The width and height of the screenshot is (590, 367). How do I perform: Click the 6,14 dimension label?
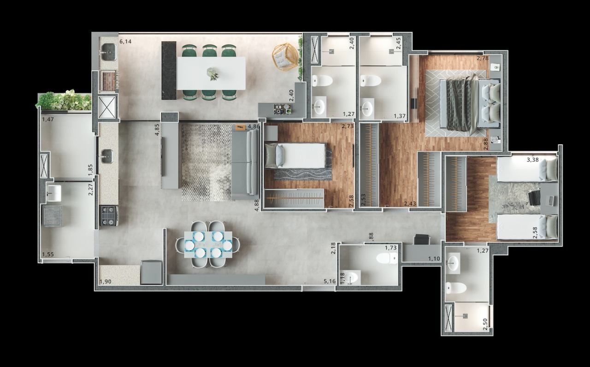click(x=125, y=42)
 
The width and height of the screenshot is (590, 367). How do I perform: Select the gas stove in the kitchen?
click(x=109, y=215)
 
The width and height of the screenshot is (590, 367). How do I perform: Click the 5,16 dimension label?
click(x=329, y=281)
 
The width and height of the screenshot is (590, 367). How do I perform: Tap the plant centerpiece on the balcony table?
click(x=212, y=73)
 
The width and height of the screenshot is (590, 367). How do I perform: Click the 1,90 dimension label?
click(x=106, y=282)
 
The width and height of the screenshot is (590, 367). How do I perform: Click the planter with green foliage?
click(x=64, y=100)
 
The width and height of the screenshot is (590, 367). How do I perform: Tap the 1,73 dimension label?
click(x=391, y=248)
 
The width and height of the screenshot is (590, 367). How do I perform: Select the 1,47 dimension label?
click(x=48, y=120)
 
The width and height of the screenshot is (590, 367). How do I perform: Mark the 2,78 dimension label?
click(x=483, y=58)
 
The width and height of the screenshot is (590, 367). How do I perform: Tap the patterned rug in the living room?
click(x=206, y=162)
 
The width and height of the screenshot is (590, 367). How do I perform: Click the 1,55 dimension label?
click(x=48, y=254)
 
